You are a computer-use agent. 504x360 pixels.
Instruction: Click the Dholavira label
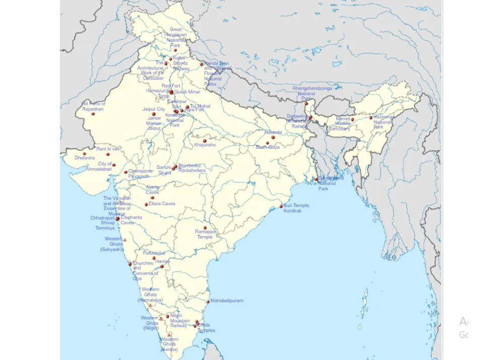tap(84, 158)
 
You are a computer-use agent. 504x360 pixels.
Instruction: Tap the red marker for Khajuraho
tap(205, 141)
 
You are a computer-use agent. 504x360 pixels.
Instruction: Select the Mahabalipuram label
tap(226, 301)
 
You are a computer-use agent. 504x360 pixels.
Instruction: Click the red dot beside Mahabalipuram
tap(208, 302)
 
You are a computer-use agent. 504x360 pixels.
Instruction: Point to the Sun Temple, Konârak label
tap(296, 208)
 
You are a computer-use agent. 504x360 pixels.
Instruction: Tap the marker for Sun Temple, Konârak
tap(281, 206)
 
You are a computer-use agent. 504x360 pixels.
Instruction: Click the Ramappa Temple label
tap(205, 234)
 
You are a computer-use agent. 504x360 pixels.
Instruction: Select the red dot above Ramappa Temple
tap(205, 228)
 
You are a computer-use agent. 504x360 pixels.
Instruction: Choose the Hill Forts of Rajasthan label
tap(93, 106)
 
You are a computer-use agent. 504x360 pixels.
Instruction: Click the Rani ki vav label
tap(108, 149)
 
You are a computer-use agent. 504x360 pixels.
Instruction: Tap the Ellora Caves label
tap(162, 204)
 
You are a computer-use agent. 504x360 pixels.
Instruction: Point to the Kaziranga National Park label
tap(384, 122)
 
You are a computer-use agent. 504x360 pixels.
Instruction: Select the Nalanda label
tap(273, 132)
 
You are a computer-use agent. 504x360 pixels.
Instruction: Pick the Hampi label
tap(162, 262)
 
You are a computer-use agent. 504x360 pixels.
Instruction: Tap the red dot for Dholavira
tap(84, 153)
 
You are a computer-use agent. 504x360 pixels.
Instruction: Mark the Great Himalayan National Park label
tap(175, 37)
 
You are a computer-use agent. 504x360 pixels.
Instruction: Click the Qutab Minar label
tap(187, 92)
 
